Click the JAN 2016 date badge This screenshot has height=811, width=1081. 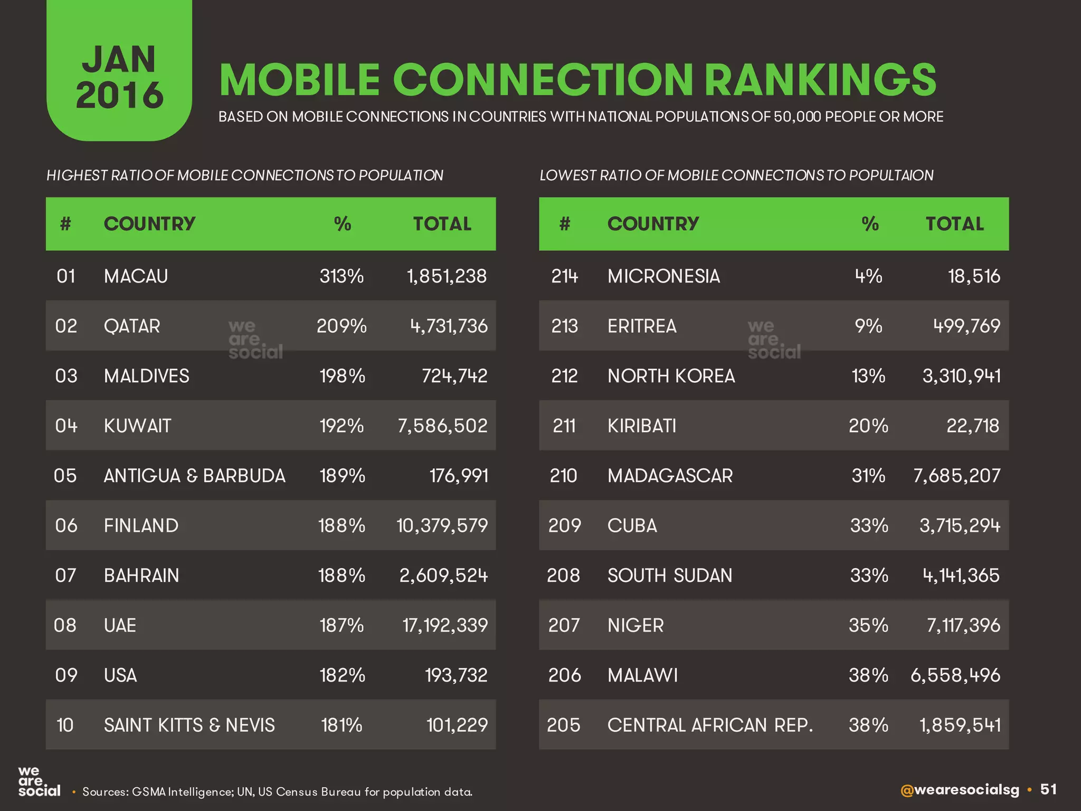point(119,77)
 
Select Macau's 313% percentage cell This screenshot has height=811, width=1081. point(342,276)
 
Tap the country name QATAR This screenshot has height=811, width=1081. point(132,326)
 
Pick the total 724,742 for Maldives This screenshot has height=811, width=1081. point(454,376)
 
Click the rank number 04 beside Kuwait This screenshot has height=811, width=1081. point(66,426)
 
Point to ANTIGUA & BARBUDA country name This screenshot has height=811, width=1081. point(194,476)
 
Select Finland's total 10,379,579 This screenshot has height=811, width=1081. point(442,525)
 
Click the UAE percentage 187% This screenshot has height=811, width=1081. point(342,625)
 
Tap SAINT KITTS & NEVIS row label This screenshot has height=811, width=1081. point(189,725)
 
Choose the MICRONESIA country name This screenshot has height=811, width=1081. point(663,276)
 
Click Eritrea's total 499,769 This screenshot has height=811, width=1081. point(966,326)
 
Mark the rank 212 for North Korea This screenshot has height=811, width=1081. point(564,376)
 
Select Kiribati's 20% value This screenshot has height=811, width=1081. point(868,426)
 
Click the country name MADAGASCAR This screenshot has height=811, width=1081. point(670,476)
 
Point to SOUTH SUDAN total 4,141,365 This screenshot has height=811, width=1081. point(961,576)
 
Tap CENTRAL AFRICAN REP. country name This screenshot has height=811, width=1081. point(710,725)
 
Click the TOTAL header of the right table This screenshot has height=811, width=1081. point(954,224)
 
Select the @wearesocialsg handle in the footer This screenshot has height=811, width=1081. point(960,790)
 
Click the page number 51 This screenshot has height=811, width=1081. point(1048,789)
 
